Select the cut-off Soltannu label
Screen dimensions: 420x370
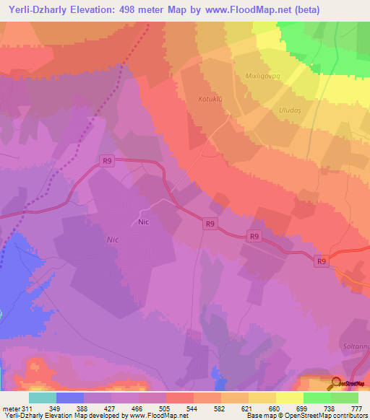click(354, 346)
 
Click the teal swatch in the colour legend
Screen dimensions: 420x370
click(42, 398)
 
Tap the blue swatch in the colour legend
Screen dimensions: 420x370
click(70, 398)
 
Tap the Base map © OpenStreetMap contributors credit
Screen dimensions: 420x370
click(306, 416)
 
